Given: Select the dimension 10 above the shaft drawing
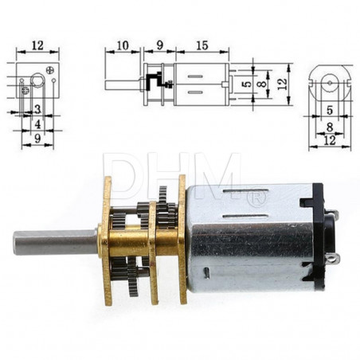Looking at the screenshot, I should (x=123, y=45).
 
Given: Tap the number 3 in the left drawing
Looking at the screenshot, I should (x=37, y=109).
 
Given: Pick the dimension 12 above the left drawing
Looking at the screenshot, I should (x=37, y=45).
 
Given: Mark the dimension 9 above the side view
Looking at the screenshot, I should (x=158, y=45).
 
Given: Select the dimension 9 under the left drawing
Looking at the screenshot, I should (x=37, y=138).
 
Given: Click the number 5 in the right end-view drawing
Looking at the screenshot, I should (x=328, y=111).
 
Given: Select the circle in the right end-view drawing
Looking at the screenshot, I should (x=328, y=81).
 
